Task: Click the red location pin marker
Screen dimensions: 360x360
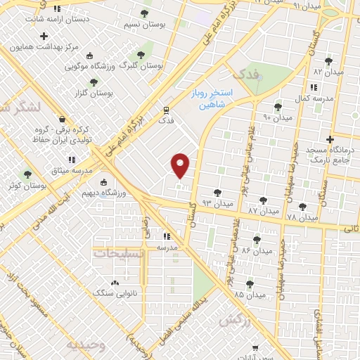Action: pyautogui.click(x=181, y=164)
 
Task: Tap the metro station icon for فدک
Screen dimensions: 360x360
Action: pyautogui.click(x=166, y=110)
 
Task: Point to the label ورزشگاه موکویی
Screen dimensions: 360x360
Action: pyautogui.click(x=89, y=67)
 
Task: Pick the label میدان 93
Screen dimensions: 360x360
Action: pyautogui.click(x=217, y=202)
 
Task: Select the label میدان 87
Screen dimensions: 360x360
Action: pyautogui.click(x=263, y=210)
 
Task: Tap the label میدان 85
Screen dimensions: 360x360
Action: pyautogui.click(x=250, y=295)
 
